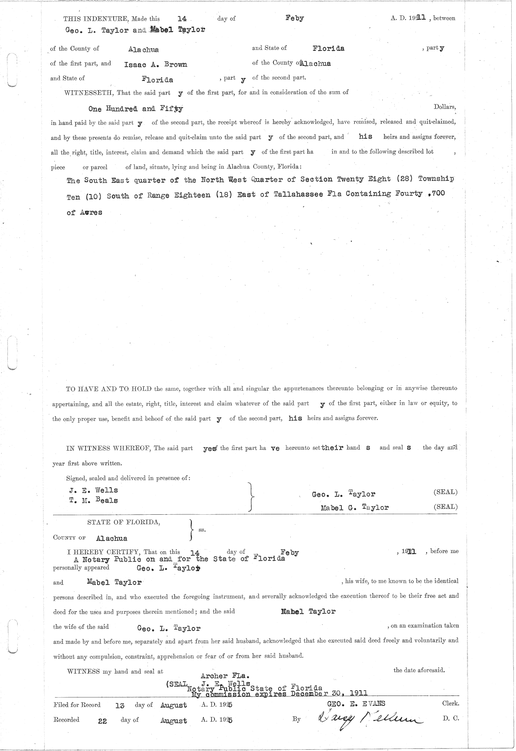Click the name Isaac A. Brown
coord(155,65)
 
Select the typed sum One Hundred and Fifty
coord(135,109)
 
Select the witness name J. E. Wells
coord(93,490)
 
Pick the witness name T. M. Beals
coord(93,500)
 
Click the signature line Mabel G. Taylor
coord(354,507)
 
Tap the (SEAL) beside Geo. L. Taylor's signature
coord(445,492)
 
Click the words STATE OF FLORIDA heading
coord(124,522)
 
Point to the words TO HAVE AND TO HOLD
coord(109,389)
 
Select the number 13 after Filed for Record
coord(120,705)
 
